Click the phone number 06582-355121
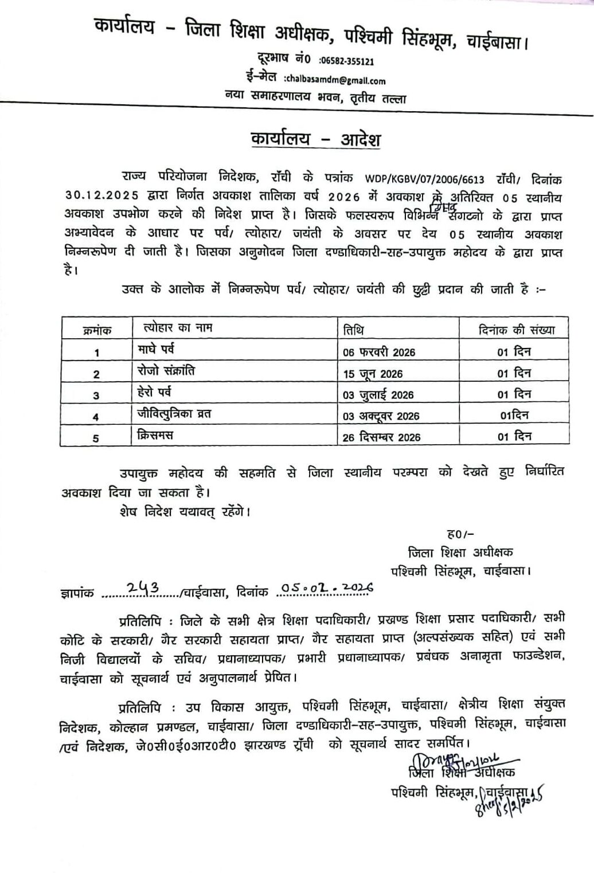point(347,61)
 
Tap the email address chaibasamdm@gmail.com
point(334,81)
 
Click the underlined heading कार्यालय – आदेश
point(315,140)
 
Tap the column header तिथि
point(353,330)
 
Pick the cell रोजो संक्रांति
point(166,371)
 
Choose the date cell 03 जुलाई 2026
point(378,395)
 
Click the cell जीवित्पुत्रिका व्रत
point(174,413)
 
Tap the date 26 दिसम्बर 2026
point(381,437)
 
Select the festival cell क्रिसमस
point(155,434)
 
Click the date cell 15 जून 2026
point(373,374)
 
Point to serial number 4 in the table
point(96,417)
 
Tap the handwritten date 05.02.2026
point(327,587)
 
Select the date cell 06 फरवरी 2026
point(379,352)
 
